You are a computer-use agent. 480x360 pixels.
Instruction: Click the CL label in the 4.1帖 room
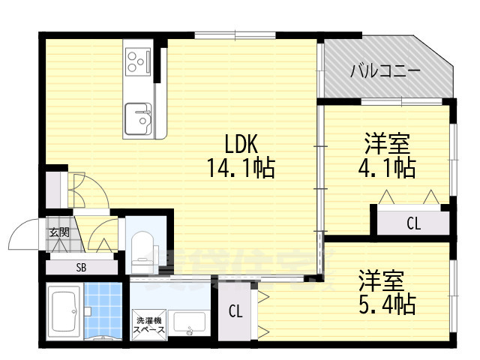click(413, 222)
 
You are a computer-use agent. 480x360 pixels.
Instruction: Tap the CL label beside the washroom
click(235, 311)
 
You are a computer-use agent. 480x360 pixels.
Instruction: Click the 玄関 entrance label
click(59, 232)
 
